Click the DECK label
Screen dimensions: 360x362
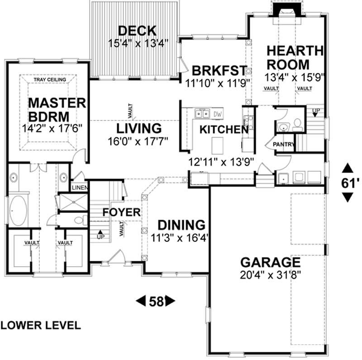[137, 31]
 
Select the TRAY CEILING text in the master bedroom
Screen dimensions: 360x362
[49, 80]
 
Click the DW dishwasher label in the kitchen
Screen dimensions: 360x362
[218, 114]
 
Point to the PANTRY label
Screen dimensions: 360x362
[283, 144]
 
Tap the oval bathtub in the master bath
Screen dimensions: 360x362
[19, 211]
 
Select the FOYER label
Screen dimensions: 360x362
[121, 212]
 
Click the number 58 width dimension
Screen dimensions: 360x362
[156, 301]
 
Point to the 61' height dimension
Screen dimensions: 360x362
[348, 183]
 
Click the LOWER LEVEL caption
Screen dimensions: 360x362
[41, 325]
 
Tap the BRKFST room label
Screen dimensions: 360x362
[219, 71]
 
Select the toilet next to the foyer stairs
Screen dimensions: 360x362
[80, 221]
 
